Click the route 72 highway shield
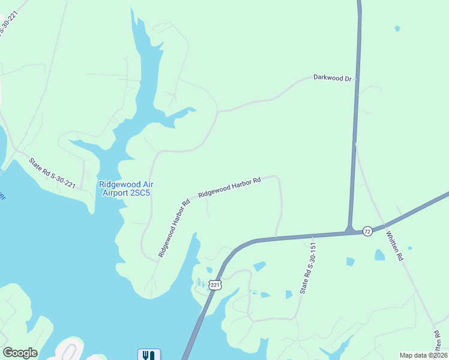coord(367,230)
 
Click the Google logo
coord(20,353)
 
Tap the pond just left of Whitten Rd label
coord(379,255)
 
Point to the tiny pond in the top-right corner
coord(397,28)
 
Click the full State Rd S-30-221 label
coord(52,172)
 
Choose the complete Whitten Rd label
coord(394,246)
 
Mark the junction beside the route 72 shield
coord(349,230)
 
